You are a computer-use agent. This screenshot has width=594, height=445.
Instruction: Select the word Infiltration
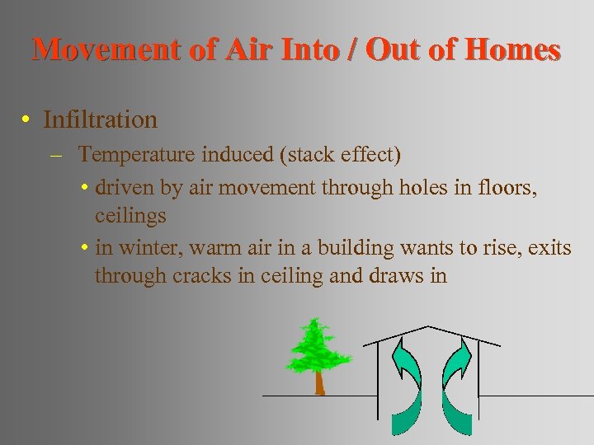(100, 120)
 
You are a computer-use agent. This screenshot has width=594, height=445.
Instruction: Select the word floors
(511, 188)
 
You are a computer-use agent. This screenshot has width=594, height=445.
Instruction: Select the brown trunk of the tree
(318, 382)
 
